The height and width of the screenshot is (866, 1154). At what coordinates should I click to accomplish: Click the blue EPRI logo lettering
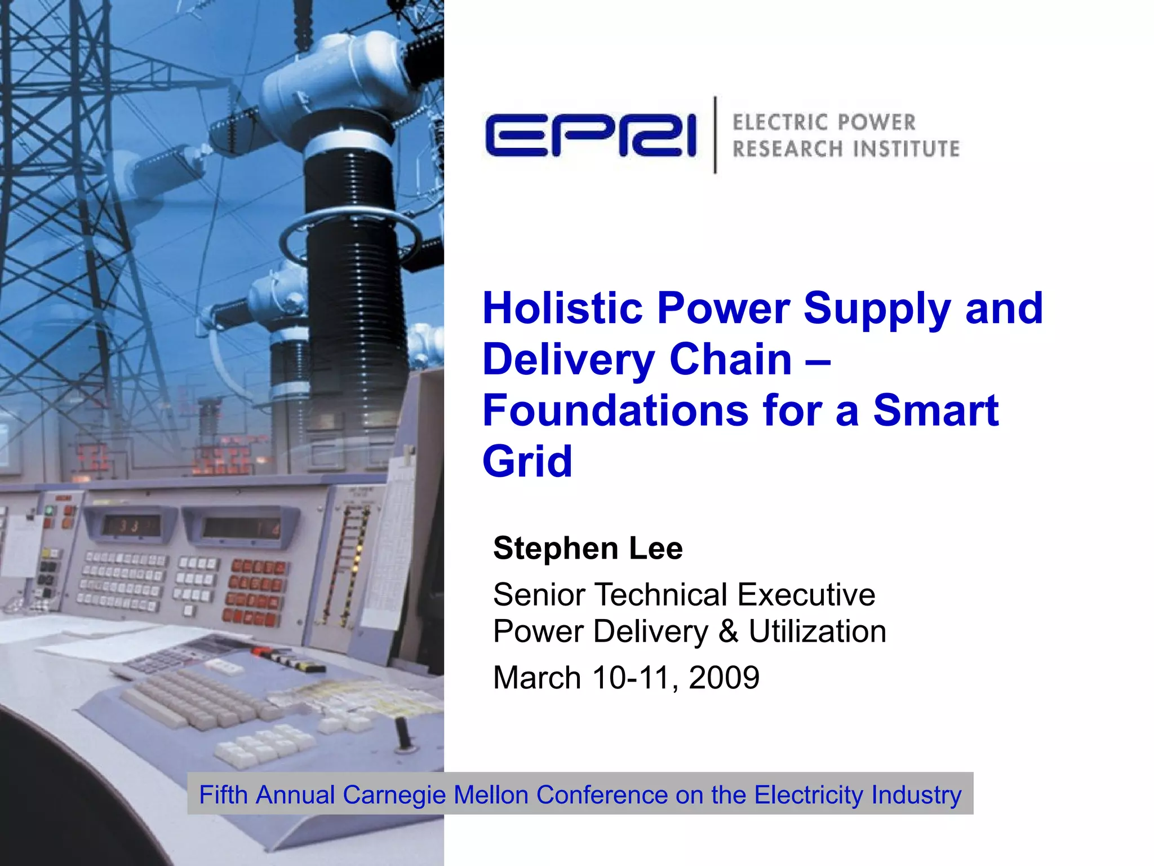click(x=591, y=135)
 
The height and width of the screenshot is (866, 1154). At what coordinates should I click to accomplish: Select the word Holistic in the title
click(x=562, y=308)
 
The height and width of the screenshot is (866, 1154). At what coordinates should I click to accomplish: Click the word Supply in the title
click(x=877, y=308)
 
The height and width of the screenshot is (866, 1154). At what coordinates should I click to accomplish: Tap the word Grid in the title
click(x=527, y=461)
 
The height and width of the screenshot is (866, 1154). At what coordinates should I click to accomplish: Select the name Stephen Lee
click(x=587, y=548)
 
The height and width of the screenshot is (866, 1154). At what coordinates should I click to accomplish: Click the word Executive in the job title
click(x=806, y=594)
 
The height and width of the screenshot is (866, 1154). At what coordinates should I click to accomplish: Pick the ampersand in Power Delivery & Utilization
click(x=728, y=631)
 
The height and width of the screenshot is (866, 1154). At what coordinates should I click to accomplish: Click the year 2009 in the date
click(x=724, y=677)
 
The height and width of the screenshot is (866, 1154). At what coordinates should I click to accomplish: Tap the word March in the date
click(x=536, y=677)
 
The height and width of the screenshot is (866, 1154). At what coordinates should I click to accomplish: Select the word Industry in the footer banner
click(x=916, y=794)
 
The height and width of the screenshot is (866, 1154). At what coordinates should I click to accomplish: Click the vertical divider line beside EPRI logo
click(x=715, y=135)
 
